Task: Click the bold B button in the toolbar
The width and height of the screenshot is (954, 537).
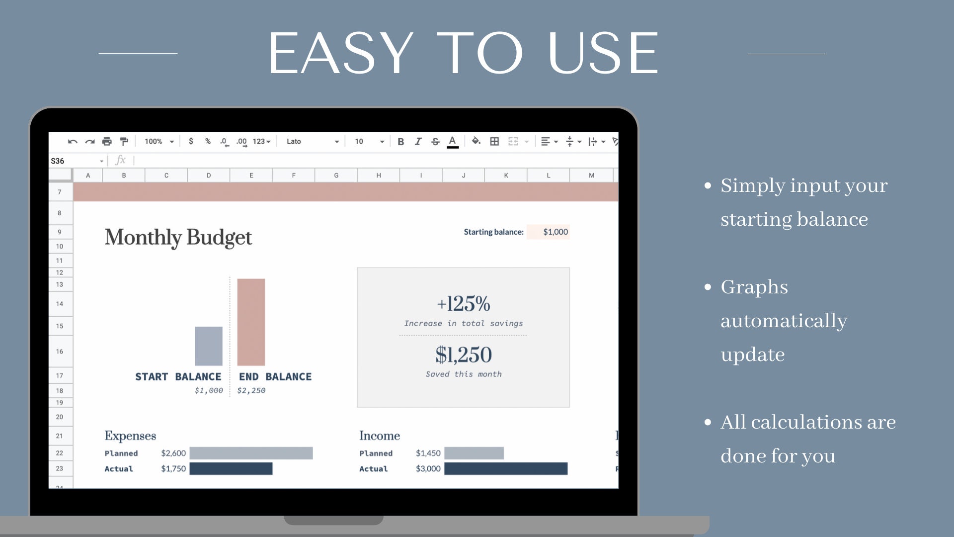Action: coord(400,142)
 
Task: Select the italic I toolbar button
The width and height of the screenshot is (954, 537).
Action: coord(418,142)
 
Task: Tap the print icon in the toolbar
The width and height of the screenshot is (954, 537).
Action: coord(107,142)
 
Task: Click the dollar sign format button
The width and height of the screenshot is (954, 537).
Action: coord(191,141)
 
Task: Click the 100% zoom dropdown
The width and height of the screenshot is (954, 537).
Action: coord(159,142)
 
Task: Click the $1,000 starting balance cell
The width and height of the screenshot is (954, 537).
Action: coord(555,232)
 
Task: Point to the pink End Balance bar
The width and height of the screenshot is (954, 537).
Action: coord(251,322)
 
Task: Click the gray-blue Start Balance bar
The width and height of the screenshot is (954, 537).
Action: coord(209,346)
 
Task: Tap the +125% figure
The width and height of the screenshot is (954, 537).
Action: coord(463,304)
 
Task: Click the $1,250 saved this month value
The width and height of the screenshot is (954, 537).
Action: coord(463,355)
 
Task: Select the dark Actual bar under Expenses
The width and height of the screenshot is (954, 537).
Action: coord(231,468)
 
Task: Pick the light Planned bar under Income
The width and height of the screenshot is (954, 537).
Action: coord(474,453)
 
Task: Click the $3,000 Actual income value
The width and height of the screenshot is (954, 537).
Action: coord(428,468)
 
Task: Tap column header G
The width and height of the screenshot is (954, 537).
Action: coord(336,176)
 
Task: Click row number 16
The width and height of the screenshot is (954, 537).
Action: coord(60,352)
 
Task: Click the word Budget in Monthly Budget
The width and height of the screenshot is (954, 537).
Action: coord(219,237)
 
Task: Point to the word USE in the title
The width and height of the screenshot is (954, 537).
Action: coord(603,53)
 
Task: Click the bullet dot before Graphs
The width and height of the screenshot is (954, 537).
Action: coord(708,287)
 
